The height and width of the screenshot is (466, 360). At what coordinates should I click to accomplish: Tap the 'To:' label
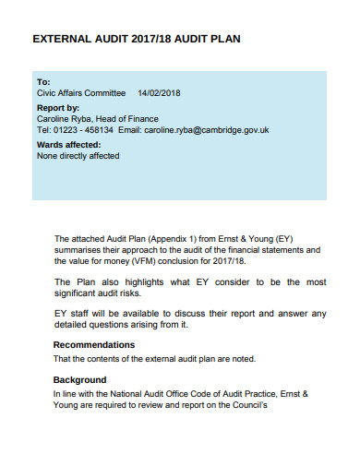tap(43, 81)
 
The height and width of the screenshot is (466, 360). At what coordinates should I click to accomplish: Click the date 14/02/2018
tap(159, 93)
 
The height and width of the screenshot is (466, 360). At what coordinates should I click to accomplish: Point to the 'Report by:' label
tap(58, 107)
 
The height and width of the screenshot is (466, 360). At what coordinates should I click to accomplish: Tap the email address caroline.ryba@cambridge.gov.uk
tap(208, 130)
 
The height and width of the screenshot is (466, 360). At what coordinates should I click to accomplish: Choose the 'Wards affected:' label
tap(68, 145)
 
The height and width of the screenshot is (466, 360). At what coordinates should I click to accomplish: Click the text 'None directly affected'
tap(78, 156)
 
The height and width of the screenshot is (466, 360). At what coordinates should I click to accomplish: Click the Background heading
tap(80, 379)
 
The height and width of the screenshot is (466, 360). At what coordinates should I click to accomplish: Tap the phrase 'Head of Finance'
tap(128, 119)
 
